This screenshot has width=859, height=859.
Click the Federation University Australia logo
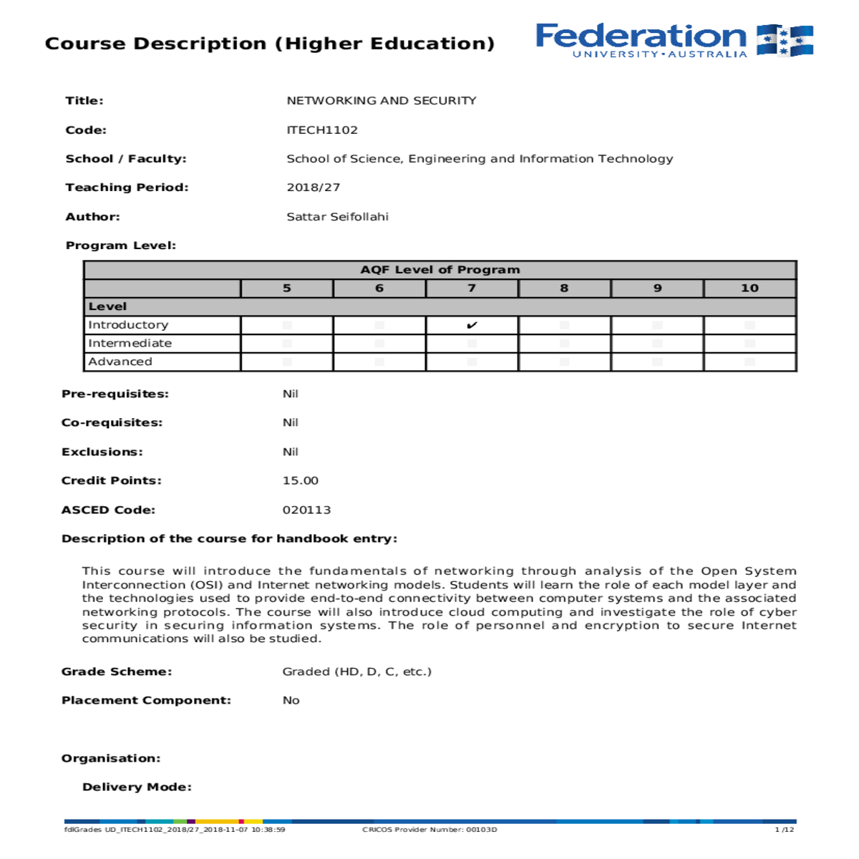pyautogui.click(x=674, y=40)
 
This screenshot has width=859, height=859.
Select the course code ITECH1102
pyautogui.click(x=322, y=130)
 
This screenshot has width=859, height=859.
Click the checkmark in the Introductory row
pyautogui.click(x=472, y=325)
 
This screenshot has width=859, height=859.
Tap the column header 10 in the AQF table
pyautogui.click(x=749, y=288)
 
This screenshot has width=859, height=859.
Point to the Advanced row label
pyautogui.click(x=120, y=361)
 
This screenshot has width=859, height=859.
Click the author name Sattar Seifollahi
pyautogui.click(x=337, y=216)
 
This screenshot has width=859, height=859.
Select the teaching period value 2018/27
pyautogui.click(x=314, y=187)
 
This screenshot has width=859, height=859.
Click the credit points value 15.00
pyautogui.click(x=301, y=480)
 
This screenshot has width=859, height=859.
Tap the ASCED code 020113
pyautogui.click(x=306, y=510)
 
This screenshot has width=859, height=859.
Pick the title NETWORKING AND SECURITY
pyautogui.click(x=382, y=100)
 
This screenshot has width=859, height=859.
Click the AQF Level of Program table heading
pyautogui.click(x=440, y=269)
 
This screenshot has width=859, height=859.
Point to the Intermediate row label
pyautogui.click(x=130, y=343)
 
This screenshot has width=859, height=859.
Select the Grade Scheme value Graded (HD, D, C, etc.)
pyautogui.click(x=357, y=671)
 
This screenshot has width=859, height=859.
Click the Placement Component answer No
pyautogui.click(x=291, y=700)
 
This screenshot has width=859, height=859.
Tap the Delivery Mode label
pyautogui.click(x=137, y=787)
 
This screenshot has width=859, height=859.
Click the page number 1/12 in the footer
pyautogui.click(x=785, y=830)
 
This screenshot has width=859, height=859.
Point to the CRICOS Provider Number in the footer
pyautogui.click(x=429, y=830)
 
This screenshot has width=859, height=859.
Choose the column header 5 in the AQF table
pyautogui.click(x=286, y=288)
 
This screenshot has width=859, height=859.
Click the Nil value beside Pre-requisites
pyautogui.click(x=290, y=394)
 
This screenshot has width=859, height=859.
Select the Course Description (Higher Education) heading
pyautogui.click(x=270, y=44)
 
